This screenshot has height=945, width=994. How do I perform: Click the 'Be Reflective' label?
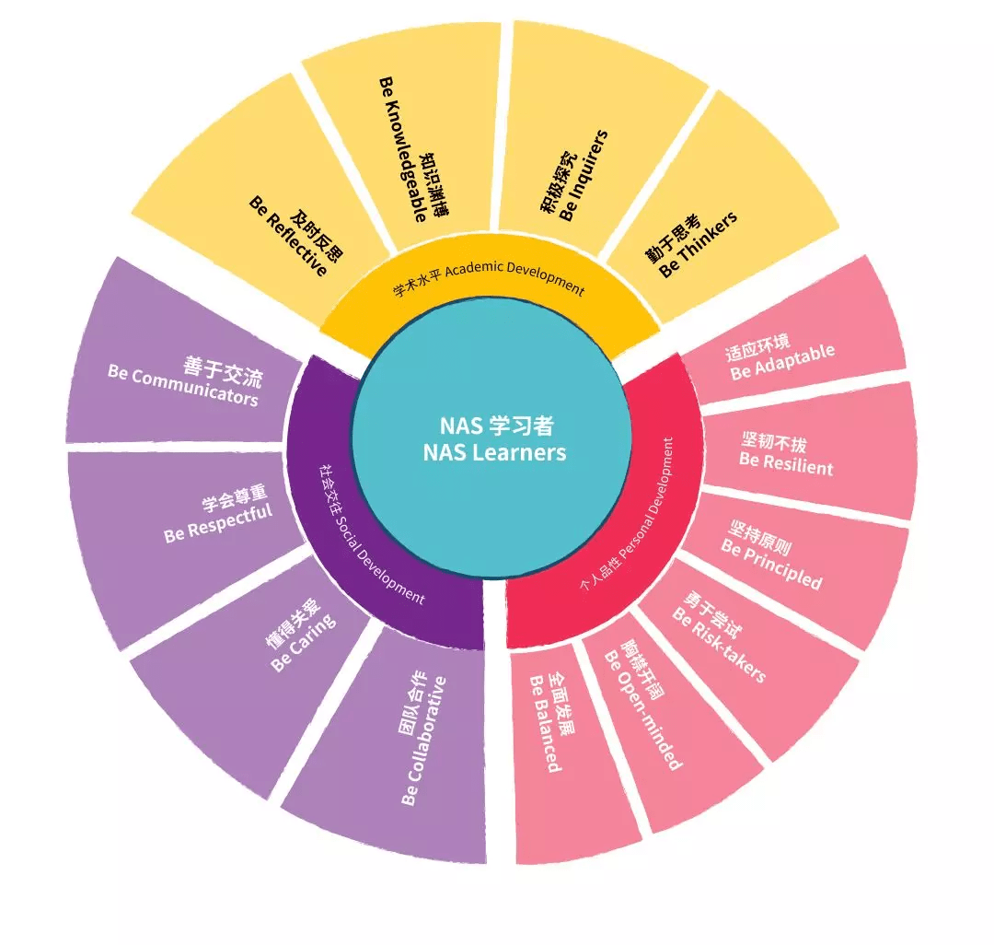coord(289,236)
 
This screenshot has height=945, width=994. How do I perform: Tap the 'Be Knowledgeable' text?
coord(402,150)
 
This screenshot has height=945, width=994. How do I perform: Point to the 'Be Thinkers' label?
coord(698,244)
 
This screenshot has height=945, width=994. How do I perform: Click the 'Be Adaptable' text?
coord(783,363)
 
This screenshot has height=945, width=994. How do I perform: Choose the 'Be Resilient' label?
coord(786,463)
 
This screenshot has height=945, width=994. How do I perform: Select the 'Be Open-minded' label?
coord(642,710)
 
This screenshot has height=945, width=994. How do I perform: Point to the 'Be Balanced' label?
coord(545,724)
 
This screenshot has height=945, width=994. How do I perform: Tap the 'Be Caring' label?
coord(304,643)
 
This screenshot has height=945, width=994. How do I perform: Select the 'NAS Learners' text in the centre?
coord(494,452)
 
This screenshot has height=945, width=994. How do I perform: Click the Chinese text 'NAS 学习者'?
coord(497,425)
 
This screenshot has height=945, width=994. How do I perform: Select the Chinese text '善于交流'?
coord(223,372)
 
